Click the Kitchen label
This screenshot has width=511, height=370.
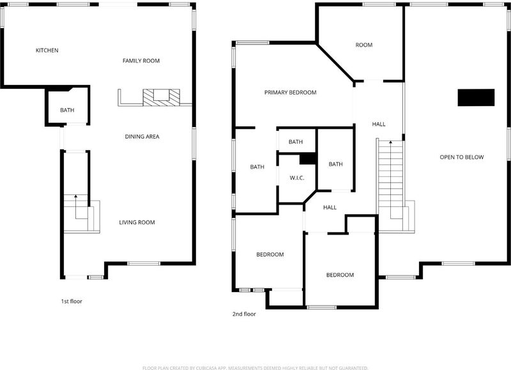point(47,50)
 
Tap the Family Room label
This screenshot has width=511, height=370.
point(141,61)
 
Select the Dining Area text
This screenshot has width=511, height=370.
point(142,137)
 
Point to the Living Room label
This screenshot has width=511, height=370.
point(137,222)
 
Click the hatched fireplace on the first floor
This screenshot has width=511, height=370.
point(162,98)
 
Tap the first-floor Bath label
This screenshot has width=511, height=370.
point(67,110)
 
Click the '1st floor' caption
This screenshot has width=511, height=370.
point(72,301)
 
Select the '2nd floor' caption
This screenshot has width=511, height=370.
point(244,314)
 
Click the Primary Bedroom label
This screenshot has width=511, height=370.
point(291,93)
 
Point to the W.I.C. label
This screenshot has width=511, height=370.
point(297,178)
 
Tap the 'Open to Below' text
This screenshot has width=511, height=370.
point(462,157)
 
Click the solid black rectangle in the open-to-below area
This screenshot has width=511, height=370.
point(476,98)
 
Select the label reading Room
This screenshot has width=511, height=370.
point(364,45)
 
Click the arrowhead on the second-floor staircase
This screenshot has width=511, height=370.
point(390,142)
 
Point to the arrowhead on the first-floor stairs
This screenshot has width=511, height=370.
point(75,196)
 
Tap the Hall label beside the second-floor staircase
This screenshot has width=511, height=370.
point(379,124)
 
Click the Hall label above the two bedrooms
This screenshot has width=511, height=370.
point(330,207)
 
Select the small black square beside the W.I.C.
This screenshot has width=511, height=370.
point(308,158)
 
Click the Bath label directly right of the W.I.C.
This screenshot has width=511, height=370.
point(336,164)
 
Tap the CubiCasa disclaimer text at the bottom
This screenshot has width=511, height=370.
point(256,368)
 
